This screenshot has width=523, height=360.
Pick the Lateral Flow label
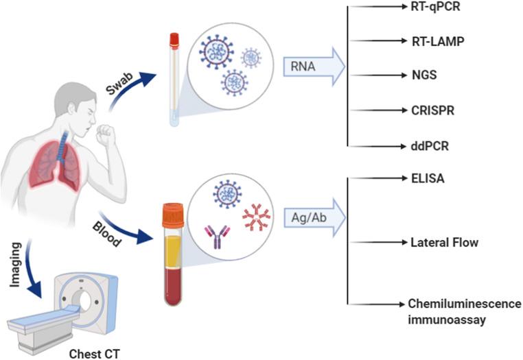click(444, 243)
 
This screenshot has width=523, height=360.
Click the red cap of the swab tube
click(174, 40)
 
